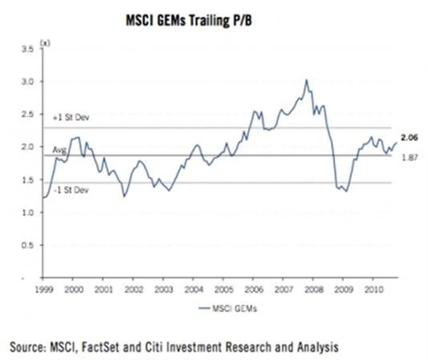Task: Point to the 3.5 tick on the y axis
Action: (27, 50)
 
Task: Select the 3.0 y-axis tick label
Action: (27, 82)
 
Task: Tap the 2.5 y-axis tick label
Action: (27, 114)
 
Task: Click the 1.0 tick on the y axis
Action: (27, 213)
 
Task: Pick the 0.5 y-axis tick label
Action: (27, 245)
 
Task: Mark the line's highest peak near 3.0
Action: (306, 80)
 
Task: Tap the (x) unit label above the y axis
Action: (45, 43)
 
